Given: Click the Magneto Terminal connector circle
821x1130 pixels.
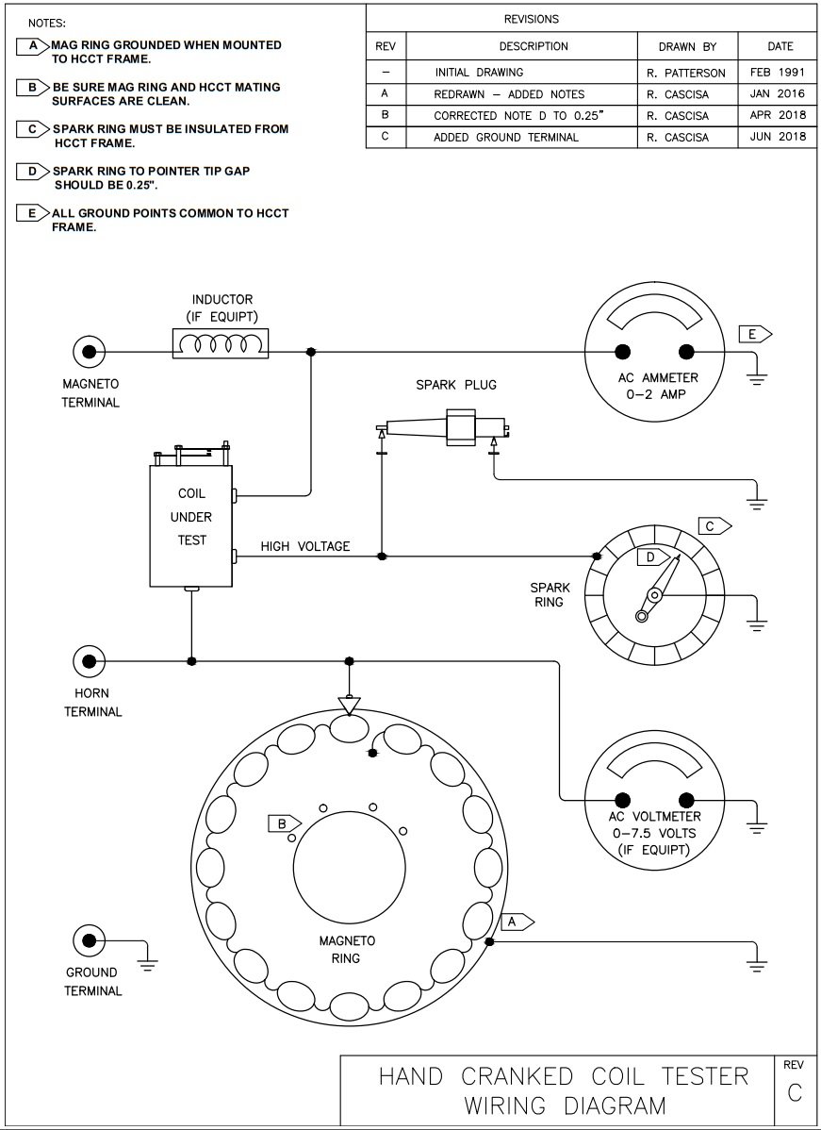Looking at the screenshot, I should (90, 352).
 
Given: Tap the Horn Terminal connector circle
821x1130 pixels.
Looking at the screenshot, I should (90, 661).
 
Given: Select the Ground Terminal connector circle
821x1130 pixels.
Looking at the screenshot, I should (90, 940).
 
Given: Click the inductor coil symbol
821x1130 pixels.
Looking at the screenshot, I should (220, 343).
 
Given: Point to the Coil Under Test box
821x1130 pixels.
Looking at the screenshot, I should (191, 517).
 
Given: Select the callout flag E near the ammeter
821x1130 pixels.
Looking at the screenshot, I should (754, 334).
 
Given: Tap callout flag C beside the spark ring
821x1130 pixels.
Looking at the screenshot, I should (714, 525).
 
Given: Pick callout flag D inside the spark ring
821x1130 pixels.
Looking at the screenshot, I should (650, 557).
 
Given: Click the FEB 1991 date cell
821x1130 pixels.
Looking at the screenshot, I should (778, 72).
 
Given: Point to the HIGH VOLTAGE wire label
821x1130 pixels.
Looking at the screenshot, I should (305, 546).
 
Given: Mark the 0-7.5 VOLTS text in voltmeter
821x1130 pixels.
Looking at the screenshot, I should (654, 833).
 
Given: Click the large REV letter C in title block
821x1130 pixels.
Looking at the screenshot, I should (794, 1092).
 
